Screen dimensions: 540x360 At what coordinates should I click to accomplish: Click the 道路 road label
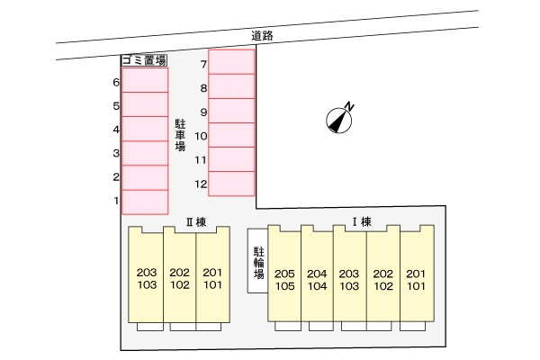coord(262,35)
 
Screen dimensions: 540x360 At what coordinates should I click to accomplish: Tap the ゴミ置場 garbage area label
coord(144,60)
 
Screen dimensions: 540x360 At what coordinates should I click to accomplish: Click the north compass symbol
coord(340,118)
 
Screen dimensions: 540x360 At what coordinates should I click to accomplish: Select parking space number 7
coord(231,62)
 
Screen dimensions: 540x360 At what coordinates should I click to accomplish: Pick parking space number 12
coord(231,184)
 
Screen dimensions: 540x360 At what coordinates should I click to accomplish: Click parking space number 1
coord(145,202)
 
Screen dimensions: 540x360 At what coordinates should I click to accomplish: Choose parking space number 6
coord(145,80)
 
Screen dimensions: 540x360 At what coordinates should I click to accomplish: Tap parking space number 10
coord(231,135)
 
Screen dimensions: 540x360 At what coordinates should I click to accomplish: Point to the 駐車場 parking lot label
coord(180,135)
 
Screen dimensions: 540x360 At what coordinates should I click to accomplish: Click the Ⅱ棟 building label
coord(196,222)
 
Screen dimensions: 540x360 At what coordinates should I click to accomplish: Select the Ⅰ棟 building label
coord(362,222)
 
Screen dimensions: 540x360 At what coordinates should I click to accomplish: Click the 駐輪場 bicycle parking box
coord(257,261)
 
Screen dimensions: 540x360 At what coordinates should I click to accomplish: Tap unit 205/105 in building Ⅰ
coord(284,274)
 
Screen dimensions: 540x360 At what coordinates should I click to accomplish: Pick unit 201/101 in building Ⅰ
coord(417,274)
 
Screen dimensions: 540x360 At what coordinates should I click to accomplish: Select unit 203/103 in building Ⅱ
coord(146,274)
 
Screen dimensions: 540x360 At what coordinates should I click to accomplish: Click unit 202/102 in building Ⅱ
coord(179,274)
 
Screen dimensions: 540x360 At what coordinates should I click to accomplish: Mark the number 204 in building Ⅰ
coord(317,274)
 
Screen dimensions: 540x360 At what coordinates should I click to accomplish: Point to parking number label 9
coord(203,112)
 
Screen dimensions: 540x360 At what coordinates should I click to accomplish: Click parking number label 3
coord(116,153)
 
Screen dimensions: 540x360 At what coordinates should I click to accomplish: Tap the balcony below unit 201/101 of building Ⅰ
coord(412,326)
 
